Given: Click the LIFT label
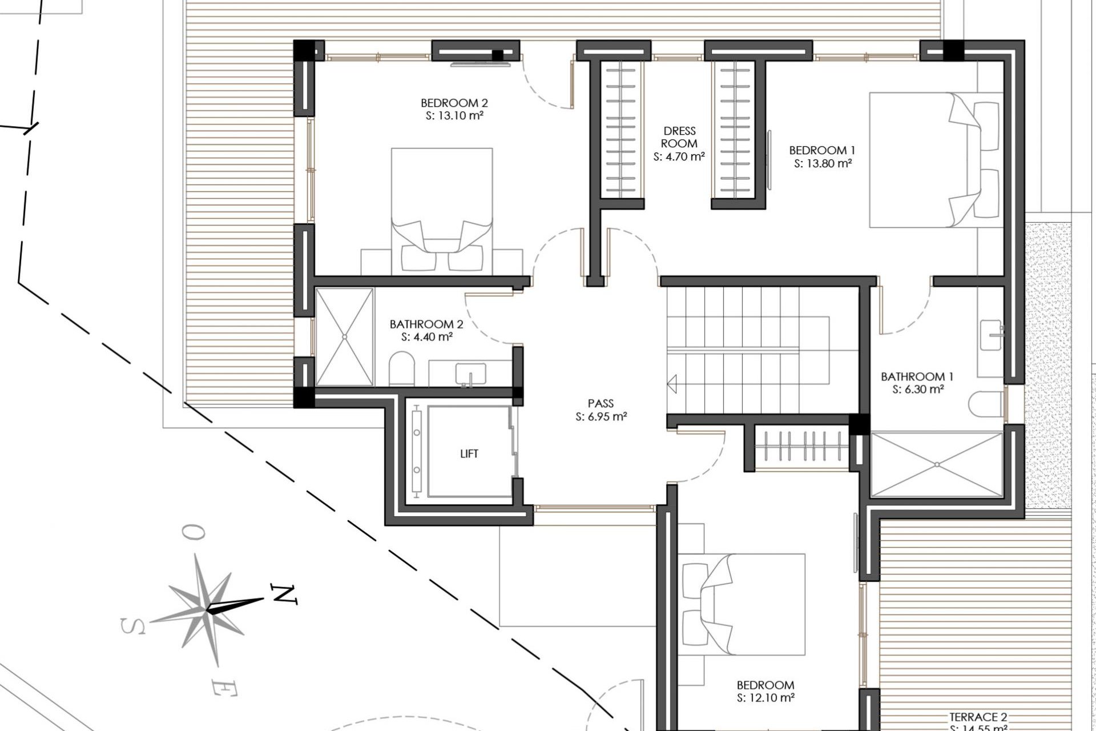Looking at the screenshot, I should (469, 454).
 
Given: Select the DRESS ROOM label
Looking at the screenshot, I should (679, 137).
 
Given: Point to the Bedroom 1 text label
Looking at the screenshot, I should (822, 150).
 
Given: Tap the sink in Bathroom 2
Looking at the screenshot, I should (470, 375).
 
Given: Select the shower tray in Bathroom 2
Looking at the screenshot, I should (345, 337).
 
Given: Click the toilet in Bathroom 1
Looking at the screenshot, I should (986, 404).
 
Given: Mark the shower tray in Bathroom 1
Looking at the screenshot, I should (936, 464).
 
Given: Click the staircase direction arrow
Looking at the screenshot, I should (672, 384).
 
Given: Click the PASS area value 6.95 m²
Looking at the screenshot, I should (601, 417).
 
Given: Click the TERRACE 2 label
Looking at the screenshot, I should (978, 717).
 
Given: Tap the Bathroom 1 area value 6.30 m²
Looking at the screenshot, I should (918, 389).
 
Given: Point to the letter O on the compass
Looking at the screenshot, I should (194, 533).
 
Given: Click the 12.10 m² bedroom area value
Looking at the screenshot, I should (765, 698).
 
